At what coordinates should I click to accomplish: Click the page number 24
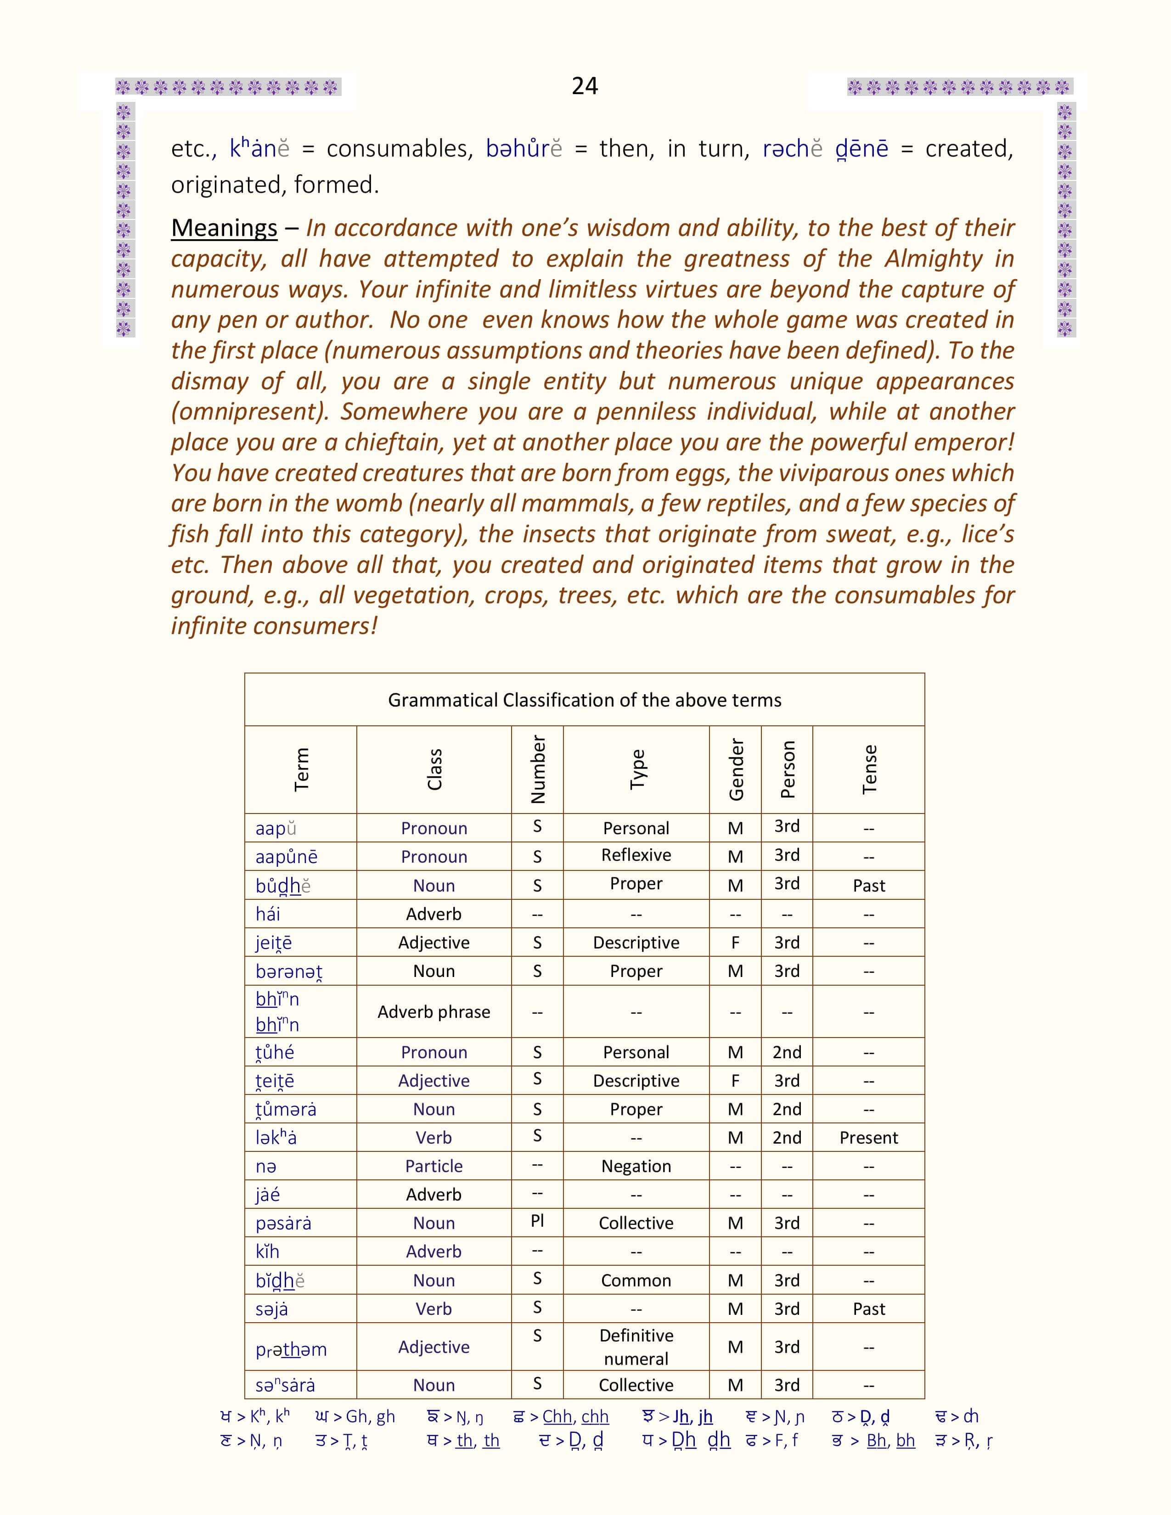pos(585,86)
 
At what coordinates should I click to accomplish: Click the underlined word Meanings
pos(224,228)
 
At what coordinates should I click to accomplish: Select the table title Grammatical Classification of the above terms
pos(584,700)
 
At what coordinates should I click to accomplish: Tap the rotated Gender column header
pos(735,769)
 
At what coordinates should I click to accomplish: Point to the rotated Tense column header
pos(868,769)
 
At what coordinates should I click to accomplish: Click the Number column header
pos(538,769)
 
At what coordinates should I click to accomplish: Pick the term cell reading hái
pos(268,914)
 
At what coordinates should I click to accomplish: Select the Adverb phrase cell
pos(433,1012)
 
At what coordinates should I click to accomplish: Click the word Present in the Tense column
pos(868,1138)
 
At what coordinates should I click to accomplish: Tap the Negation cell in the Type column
pos(636,1166)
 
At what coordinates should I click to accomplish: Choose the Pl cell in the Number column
pos(537,1221)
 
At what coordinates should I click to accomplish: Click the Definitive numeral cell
pos(636,1347)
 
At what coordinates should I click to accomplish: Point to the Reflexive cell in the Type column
pos(636,855)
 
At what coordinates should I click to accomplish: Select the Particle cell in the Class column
pos(433,1166)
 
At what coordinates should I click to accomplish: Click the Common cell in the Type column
pos(636,1280)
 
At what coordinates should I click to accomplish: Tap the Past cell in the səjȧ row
pos(868,1309)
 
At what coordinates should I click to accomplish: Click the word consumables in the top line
pos(400,149)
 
